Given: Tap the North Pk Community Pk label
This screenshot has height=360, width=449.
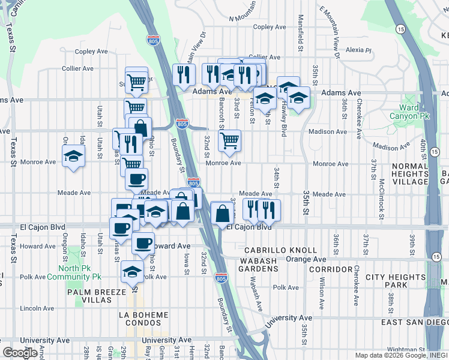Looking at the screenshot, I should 80,272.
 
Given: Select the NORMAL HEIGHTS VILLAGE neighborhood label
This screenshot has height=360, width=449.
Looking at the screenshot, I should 410,173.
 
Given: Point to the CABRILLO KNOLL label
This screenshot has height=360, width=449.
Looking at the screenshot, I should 280,250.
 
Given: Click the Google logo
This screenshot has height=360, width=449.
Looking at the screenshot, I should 20,353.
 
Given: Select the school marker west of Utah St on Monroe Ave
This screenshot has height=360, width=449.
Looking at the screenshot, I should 74,157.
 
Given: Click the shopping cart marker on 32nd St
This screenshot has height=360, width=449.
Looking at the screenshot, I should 229,142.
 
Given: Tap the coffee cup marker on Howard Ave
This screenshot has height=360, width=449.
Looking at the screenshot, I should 143,243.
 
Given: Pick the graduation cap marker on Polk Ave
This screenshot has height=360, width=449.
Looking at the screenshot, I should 132,272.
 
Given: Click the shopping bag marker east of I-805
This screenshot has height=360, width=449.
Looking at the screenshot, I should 222,214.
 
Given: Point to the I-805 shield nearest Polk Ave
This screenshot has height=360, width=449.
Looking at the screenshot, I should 220,278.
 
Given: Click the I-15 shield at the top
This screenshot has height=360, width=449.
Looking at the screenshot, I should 400,28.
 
